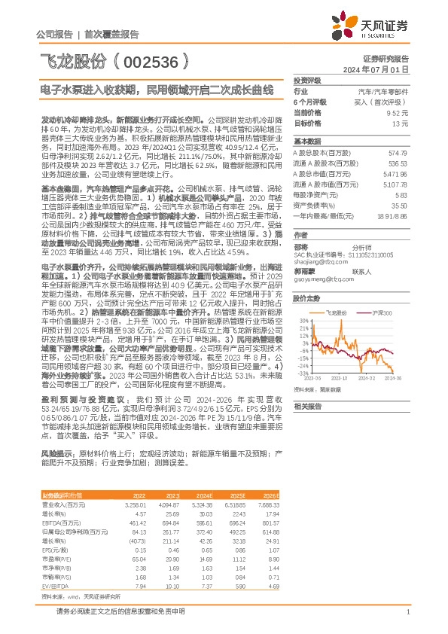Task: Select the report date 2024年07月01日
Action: [x=385, y=69]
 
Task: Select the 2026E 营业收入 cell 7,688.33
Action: [x=268, y=503]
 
